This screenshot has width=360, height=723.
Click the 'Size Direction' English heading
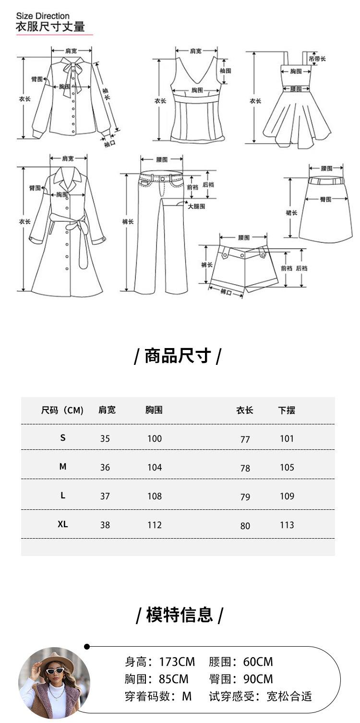(x=43, y=16)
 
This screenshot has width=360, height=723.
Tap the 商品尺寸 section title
(x=178, y=356)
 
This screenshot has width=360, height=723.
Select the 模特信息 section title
(x=180, y=615)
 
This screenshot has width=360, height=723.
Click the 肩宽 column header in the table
(x=107, y=410)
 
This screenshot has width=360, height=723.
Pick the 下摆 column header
(x=287, y=410)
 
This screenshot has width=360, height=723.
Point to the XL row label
(x=63, y=524)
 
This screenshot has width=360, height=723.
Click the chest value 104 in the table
(x=155, y=468)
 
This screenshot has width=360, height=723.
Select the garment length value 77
(x=245, y=439)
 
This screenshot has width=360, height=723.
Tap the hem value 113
(x=287, y=525)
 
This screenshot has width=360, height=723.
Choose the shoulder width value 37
(x=105, y=496)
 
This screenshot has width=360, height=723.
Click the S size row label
(x=63, y=438)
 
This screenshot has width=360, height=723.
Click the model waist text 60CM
(x=258, y=662)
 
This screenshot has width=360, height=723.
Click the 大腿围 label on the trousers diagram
(x=196, y=206)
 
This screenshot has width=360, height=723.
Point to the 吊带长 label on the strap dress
(x=317, y=59)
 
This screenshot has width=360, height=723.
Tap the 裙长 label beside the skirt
(x=291, y=213)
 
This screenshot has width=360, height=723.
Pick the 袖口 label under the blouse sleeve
(x=110, y=144)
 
